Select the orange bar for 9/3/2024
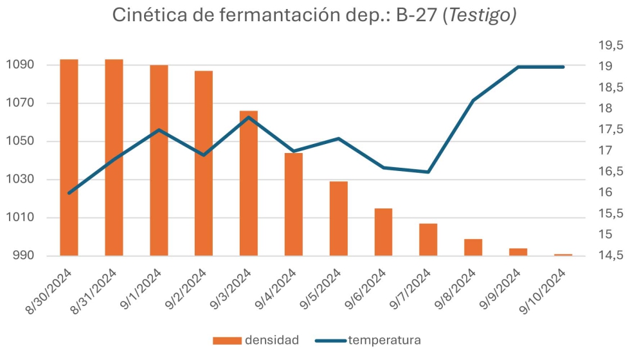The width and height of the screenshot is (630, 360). pyautogui.click(x=249, y=183)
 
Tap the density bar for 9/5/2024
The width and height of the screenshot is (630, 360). pyautogui.click(x=339, y=218)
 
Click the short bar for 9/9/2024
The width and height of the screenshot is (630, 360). pyautogui.click(x=518, y=252)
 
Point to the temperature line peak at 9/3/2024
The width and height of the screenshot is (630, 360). pyautogui.click(x=249, y=117)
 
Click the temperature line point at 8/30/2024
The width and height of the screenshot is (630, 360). pyautogui.click(x=69, y=193)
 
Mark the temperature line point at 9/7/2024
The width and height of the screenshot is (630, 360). pyautogui.click(x=428, y=172)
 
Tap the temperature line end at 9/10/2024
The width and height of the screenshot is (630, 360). pyautogui.click(x=563, y=67)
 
